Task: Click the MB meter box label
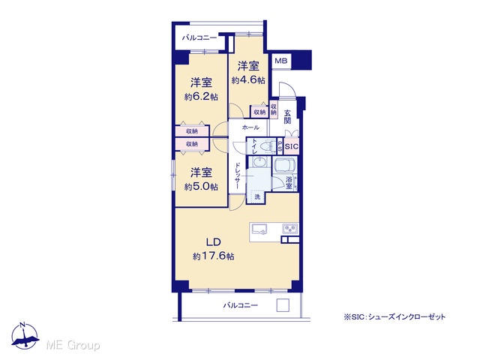click(280, 61)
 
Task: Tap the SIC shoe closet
click(292, 146)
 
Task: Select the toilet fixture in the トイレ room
click(265, 146)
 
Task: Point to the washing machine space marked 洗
click(257, 196)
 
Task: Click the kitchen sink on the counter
click(259, 229)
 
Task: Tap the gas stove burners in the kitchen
click(290, 229)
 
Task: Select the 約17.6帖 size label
click(213, 256)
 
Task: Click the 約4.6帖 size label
click(248, 80)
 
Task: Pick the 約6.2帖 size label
click(201, 97)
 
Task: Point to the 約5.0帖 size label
click(201, 187)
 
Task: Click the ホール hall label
click(250, 127)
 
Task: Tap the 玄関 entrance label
click(287, 117)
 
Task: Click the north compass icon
click(25, 335)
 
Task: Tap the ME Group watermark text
click(73, 345)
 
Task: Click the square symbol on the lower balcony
click(283, 305)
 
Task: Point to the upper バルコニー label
click(199, 38)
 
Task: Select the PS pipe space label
click(280, 147)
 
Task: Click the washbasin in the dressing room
click(259, 162)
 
